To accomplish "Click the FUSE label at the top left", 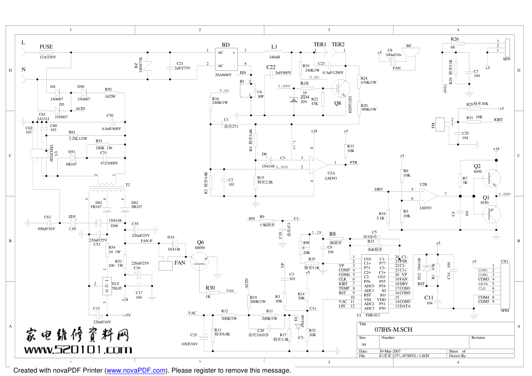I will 46,47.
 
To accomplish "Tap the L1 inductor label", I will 274,47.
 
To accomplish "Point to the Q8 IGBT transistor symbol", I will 340,88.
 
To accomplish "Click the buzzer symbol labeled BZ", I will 411,53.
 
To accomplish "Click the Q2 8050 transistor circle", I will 492,177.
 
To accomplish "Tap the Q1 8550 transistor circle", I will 492,214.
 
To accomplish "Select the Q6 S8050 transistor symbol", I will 199,261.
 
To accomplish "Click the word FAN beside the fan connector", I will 179,263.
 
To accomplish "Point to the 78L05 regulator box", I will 107,286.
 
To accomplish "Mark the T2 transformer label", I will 127,185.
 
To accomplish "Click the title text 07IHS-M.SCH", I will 393,329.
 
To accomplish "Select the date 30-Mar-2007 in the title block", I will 390,351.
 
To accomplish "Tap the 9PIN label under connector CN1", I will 505,310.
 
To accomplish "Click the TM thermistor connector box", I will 440,124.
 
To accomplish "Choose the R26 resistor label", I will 455,39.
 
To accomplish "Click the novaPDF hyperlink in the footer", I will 136,370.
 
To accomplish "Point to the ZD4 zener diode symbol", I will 294,99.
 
